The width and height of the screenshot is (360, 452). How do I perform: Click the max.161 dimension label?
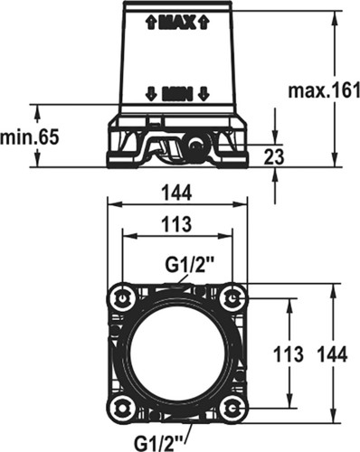coord(324,90)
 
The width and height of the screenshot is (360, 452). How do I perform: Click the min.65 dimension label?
coord(30,137)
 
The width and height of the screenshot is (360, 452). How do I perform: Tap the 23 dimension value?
coord(274,156)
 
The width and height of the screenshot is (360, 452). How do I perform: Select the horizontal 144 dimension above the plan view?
coord(176,193)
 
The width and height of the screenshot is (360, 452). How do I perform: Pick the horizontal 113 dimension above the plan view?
coord(176,224)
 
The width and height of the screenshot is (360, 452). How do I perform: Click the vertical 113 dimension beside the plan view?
coord(288,353)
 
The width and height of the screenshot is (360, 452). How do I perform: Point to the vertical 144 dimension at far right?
coord(333,353)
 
